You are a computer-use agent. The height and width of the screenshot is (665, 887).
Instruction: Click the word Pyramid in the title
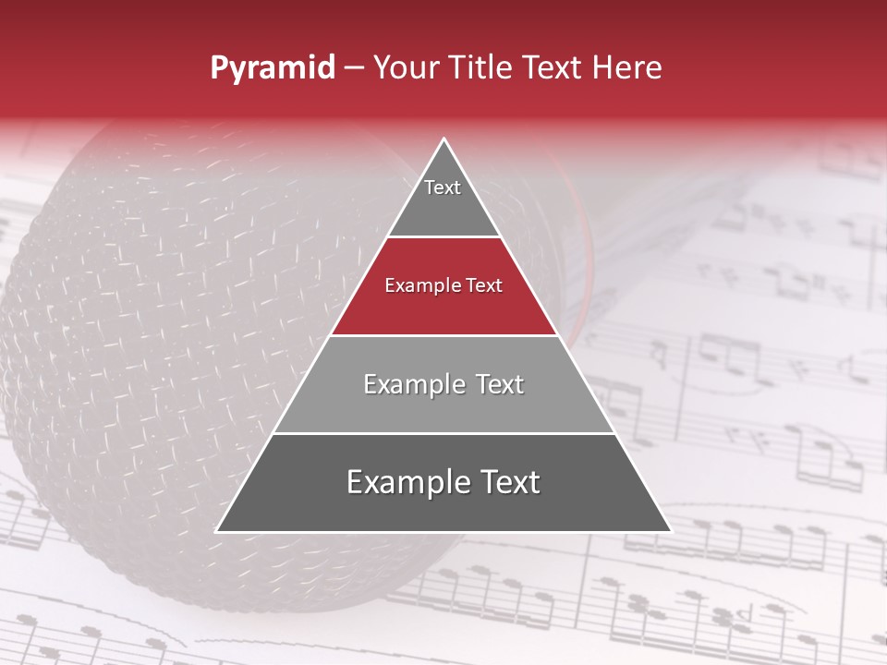pyautogui.click(x=273, y=68)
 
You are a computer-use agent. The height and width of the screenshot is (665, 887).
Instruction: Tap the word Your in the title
pyautogui.click(x=407, y=68)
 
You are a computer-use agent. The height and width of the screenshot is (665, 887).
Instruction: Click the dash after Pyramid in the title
pyautogui.click(x=354, y=68)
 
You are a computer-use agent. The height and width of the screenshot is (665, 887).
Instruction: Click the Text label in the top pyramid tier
pyautogui.click(x=443, y=187)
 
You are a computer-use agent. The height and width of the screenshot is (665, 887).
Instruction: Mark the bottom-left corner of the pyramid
pyautogui.click(x=216, y=532)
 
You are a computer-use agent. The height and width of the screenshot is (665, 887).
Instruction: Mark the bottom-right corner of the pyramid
pyautogui.click(x=671, y=532)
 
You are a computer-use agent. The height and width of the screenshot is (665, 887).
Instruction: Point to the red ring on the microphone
pyautogui.click(x=583, y=277)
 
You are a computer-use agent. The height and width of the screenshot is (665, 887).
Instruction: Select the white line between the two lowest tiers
pyautogui.click(x=443, y=433)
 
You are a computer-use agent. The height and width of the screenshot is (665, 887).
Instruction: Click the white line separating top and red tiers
pyautogui.click(x=443, y=237)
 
